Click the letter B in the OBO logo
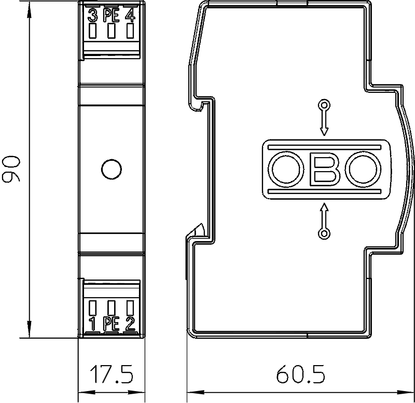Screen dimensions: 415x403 coord(325,169)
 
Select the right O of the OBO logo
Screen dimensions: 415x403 coord(366,169)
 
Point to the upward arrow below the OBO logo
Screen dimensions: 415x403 coord(325,216)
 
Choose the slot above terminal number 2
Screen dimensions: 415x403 coord(130,308)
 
